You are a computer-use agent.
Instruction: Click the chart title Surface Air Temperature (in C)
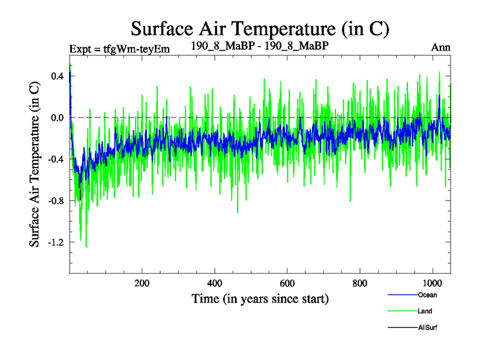tap(260, 28)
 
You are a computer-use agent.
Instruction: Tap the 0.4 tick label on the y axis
tap(57, 76)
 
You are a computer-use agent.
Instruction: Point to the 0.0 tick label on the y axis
tap(57, 118)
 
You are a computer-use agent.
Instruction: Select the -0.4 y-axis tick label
tap(55, 159)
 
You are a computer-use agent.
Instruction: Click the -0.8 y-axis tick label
tap(55, 200)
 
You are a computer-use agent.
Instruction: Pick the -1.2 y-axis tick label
tap(55, 242)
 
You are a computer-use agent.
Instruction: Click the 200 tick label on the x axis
tap(142, 283)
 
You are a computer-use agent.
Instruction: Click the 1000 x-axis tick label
tap(432, 283)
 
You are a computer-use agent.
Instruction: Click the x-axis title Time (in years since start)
tap(260, 298)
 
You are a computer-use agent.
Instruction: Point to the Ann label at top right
tap(440, 47)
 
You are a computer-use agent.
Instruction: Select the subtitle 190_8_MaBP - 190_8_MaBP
tap(259, 46)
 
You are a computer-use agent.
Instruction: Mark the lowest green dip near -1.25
tap(86, 246)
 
